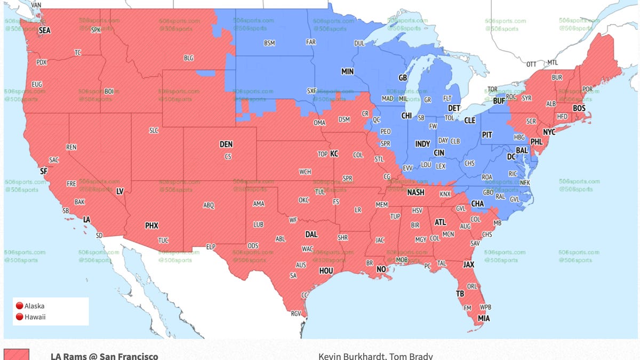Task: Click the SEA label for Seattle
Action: (x=45, y=31)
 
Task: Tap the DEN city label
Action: (x=226, y=145)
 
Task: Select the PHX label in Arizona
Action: (x=151, y=226)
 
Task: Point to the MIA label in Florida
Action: (x=484, y=318)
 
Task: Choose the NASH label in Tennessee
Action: (x=416, y=193)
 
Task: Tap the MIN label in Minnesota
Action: (x=347, y=71)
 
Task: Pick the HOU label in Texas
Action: (x=326, y=271)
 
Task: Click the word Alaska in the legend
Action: (x=35, y=306)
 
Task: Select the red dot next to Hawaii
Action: (x=20, y=317)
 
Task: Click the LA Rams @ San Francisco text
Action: (x=105, y=356)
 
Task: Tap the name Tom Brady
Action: (x=415, y=356)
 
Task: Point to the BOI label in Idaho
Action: (x=109, y=91)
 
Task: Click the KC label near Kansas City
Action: (x=334, y=154)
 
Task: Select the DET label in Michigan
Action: (x=454, y=108)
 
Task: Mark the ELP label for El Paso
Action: (x=211, y=246)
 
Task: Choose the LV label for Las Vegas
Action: (x=120, y=191)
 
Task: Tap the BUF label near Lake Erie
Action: (x=499, y=100)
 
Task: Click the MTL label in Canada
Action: (x=553, y=63)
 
